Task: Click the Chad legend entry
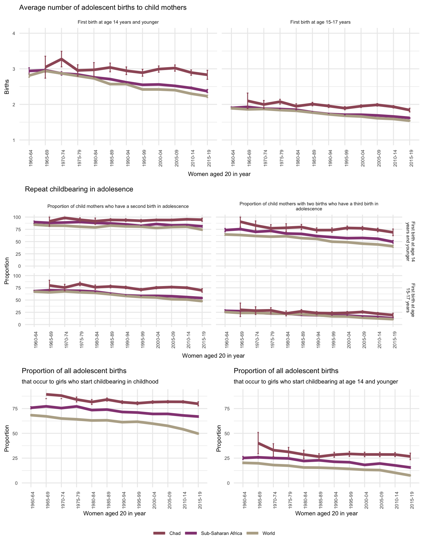(175, 533)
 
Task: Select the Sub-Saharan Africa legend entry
(221, 533)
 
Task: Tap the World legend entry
(268, 533)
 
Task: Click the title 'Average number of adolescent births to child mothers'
(103, 8)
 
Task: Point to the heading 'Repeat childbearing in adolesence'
(79, 189)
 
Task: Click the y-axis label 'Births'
(7, 87)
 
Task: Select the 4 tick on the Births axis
(14, 33)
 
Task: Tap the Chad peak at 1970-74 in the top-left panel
(62, 59)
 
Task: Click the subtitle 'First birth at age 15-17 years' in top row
(320, 22)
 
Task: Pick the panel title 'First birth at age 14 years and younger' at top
(118, 22)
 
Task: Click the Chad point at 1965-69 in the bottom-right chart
(258, 443)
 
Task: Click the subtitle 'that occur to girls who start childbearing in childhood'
(90, 382)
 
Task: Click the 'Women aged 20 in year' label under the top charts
(219, 174)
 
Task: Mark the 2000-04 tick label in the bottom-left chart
(153, 497)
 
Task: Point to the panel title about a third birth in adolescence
(309, 206)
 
